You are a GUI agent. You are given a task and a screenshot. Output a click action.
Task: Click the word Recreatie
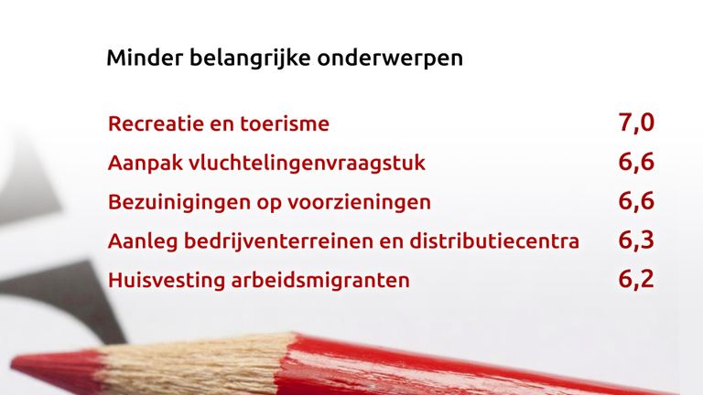coord(156,123)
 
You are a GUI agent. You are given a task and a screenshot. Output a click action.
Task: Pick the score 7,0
coord(636,123)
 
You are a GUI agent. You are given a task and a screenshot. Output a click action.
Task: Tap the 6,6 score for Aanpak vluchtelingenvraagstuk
coord(636,162)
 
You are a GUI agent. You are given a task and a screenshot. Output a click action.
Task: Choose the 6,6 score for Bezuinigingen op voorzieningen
coord(636,201)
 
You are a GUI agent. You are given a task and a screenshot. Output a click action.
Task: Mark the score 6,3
coord(636,240)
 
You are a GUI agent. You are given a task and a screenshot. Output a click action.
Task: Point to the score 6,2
coord(636,280)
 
